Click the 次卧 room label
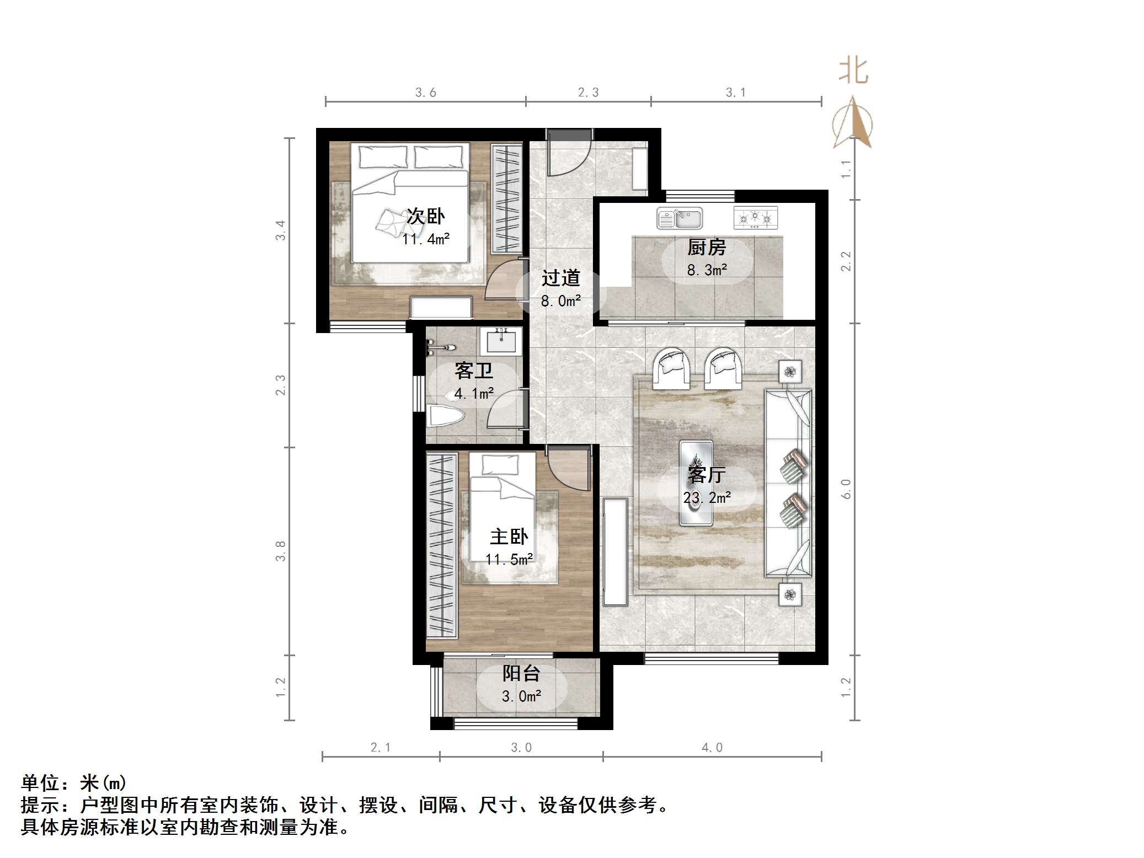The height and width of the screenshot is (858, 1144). [x=425, y=216]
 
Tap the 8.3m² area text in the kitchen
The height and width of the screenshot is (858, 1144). [x=707, y=270]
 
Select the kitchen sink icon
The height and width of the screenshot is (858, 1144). [x=680, y=218]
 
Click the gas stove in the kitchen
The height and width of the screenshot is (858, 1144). [x=755, y=218]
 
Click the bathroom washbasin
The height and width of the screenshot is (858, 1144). [x=501, y=341]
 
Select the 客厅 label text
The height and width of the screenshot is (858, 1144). [x=707, y=474]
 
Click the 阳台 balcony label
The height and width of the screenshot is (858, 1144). [x=521, y=673]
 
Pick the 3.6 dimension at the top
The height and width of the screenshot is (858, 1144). [x=425, y=93]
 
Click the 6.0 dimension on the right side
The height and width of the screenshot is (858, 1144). [x=846, y=489]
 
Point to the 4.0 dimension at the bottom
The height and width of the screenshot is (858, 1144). [x=712, y=748]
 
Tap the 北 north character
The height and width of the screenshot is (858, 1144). [x=853, y=72]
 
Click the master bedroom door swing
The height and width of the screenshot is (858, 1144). [x=569, y=469]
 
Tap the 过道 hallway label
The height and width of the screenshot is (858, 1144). [x=560, y=278]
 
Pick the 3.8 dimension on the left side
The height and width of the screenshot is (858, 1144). [x=281, y=550]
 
